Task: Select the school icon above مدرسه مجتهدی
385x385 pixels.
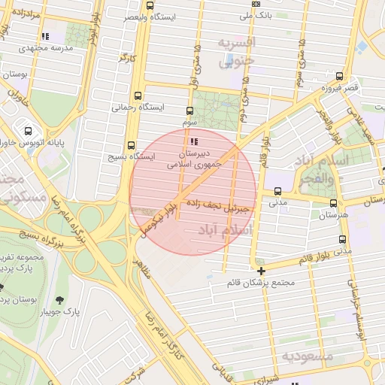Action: click(x=46, y=35)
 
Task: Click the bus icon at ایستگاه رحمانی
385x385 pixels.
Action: click(x=137, y=95)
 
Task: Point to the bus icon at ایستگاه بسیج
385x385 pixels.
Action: click(x=132, y=145)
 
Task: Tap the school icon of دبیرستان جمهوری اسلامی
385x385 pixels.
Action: click(x=195, y=141)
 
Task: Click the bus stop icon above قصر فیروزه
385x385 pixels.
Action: click(x=340, y=76)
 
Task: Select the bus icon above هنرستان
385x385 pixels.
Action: click(x=333, y=202)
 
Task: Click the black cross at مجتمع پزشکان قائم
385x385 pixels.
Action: click(x=261, y=271)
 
